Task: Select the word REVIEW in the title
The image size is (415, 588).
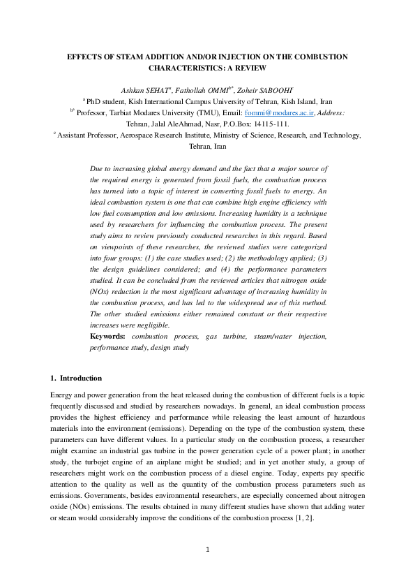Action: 250,68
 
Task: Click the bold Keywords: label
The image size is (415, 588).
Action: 107,337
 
